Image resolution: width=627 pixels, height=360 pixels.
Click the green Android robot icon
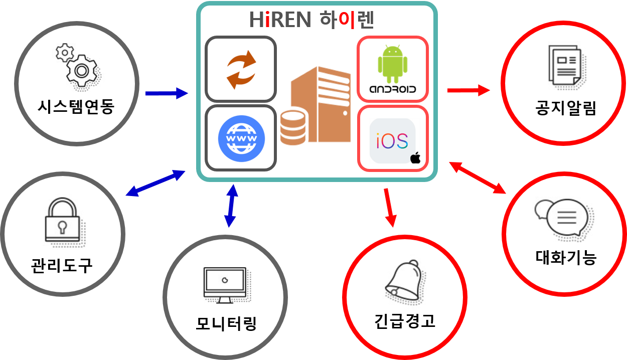[x=392, y=64]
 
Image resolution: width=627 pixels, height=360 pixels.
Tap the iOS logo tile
[x=394, y=141]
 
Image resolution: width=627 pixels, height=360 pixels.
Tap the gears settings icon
[x=79, y=66]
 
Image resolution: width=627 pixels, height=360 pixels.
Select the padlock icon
[x=64, y=221]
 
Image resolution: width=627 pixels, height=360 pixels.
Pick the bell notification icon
[x=403, y=280]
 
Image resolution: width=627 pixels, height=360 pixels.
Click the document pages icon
[x=565, y=65]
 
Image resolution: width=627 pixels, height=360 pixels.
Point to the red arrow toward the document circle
[x=468, y=90]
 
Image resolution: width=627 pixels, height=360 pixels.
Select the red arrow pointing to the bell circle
[x=389, y=208]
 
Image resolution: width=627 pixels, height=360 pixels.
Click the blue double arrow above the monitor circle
[x=231, y=206]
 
